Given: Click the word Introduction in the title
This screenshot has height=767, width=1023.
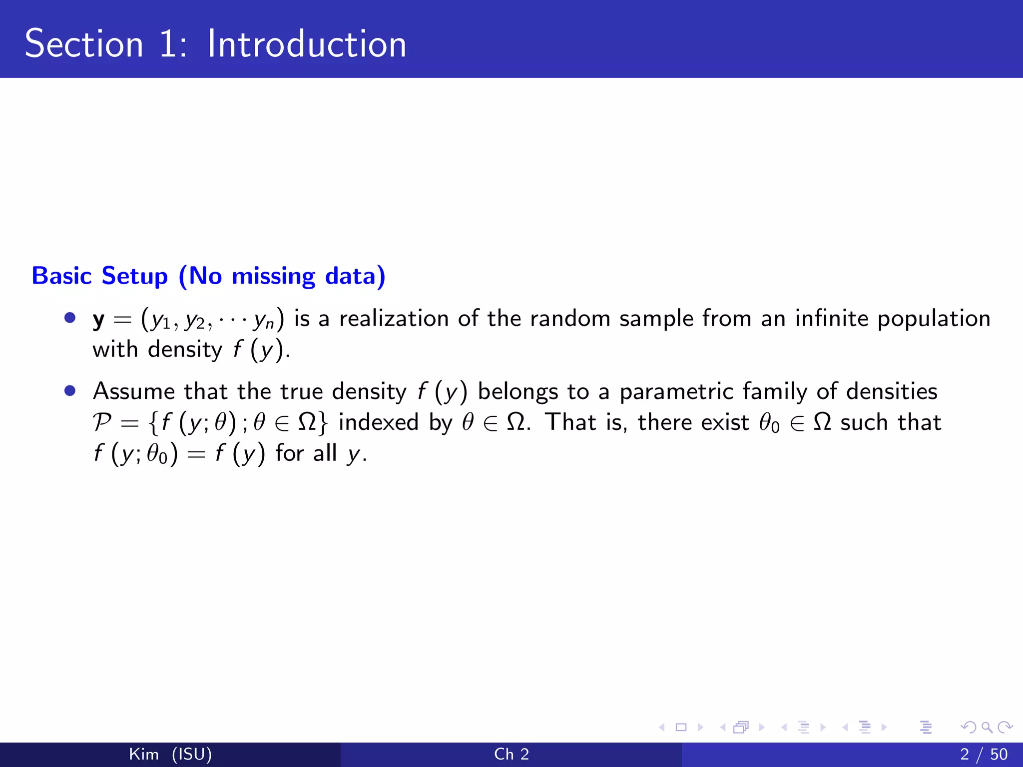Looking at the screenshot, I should [307, 44].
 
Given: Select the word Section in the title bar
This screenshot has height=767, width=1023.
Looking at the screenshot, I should [84, 44].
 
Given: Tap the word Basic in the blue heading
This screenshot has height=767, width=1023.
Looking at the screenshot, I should [61, 276].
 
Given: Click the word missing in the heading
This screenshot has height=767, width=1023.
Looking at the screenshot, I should [273, 277].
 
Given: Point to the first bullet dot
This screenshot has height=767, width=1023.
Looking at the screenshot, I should [70, 318].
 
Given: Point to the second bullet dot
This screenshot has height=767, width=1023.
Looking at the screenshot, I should [70, 390].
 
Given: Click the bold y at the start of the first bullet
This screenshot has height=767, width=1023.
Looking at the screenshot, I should [98, 320].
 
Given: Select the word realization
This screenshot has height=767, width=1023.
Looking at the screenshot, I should [394, 319].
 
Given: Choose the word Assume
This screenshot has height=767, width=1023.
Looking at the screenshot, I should [133, 391].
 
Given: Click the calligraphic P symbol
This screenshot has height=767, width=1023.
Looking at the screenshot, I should [102, 422].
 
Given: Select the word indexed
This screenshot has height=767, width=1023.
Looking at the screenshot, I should [378, 422].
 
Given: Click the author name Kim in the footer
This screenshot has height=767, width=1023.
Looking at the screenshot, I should [144, 754].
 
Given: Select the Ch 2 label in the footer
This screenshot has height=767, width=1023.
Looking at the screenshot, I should [511, 754].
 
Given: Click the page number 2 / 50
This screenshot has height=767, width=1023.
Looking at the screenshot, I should [984, 754].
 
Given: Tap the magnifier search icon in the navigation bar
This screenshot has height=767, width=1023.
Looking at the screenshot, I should [987, 727].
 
